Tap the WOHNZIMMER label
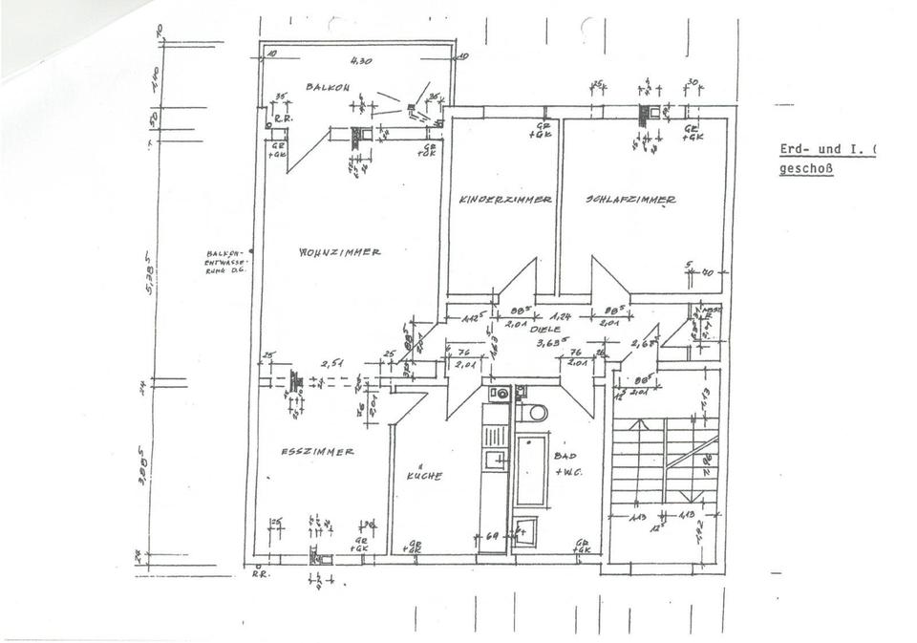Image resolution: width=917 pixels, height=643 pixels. click(340, 252)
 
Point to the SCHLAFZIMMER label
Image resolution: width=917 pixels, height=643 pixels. click(630, 200)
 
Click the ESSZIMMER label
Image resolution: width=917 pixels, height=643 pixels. click(318, 452)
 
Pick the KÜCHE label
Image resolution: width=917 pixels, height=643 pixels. click(423, 475)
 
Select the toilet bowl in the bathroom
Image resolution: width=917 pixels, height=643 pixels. click(534, 413)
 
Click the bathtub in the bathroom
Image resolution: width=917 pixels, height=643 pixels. click(531, 470)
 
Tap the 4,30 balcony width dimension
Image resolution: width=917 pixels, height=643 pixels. click(360, 60)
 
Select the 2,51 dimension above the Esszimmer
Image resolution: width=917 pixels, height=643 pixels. click(331, 363)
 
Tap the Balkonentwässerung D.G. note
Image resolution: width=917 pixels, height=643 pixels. click(225, 262)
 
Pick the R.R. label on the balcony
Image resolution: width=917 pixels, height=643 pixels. click(282, 118)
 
